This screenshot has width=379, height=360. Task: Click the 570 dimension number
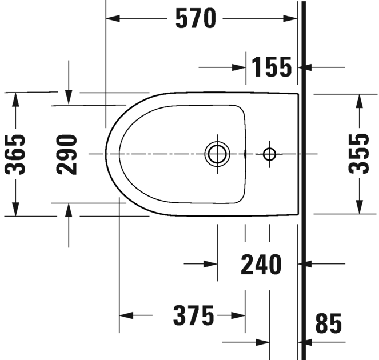[196, 18]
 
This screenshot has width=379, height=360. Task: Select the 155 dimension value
[272, 67]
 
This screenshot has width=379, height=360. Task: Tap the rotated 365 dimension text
[15, 155]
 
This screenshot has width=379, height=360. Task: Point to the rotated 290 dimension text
[67, 155]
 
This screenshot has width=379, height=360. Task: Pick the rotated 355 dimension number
[358, 154]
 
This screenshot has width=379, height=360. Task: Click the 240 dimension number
[261, 265]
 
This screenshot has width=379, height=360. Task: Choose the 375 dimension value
[194, 315]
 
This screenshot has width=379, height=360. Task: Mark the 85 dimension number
[329, 323]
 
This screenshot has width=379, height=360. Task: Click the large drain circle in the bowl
[217, 154]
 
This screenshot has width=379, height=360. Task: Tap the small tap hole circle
[269, 154]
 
